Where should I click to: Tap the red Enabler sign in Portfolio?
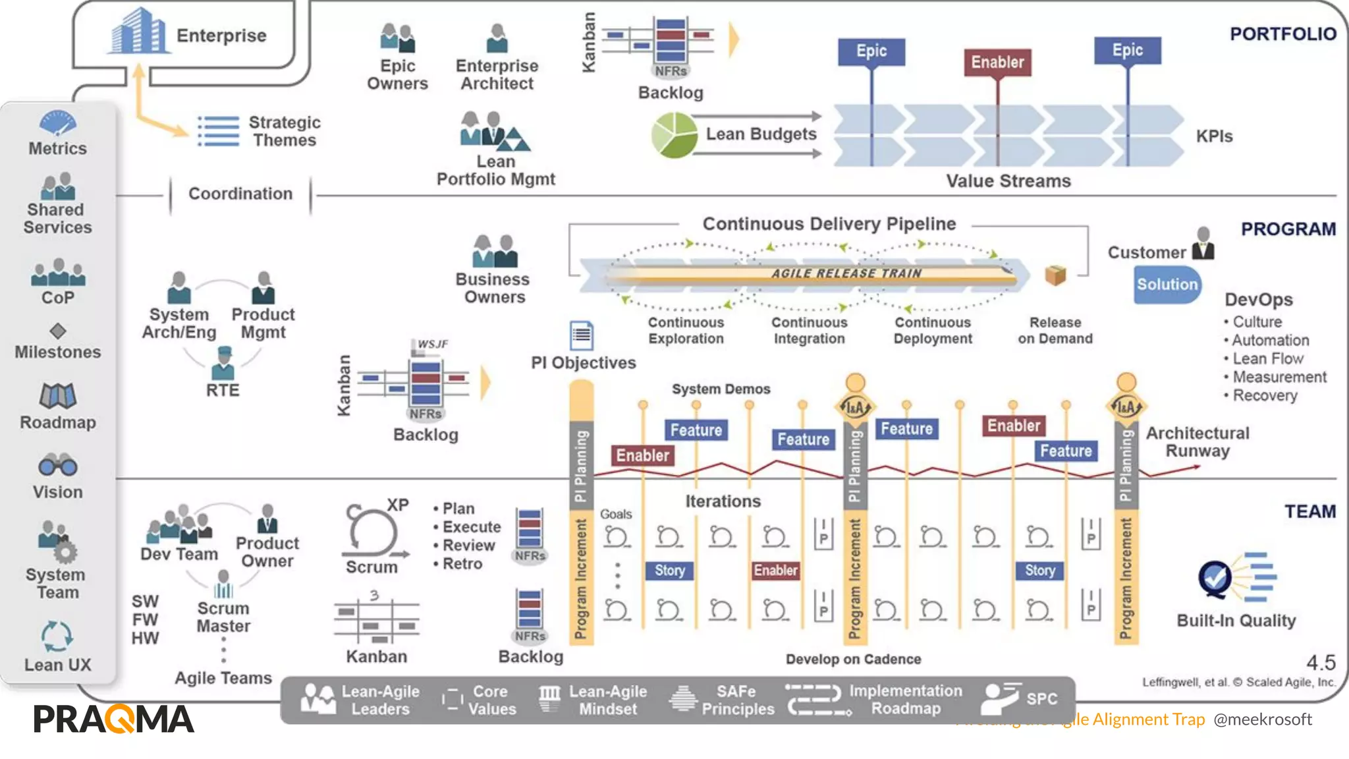pyautogui.click(x=997, y=63)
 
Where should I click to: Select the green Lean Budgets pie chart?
pyautogui.click(x=674, y=135)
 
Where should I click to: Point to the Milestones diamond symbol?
pyautogui.click(x=58, y=330)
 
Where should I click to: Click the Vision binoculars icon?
pyautogui.click(x=58, y=465)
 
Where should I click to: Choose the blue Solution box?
pyautogui.click(x=1167, y=285)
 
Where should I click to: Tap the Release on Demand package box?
pyautogui.click(x=1055, y=275)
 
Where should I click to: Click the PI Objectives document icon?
pyautogui.click(x=581, y=335)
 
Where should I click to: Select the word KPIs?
pyautogui.click(x=1214, y=136)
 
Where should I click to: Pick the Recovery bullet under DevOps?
pyautogui.click(x=1264, y=395)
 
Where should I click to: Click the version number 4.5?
pyautogui.click(x=1321, y=662)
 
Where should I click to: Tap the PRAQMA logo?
pyautogui.click(x=114, y=719)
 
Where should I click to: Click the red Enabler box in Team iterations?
pyautogui.click(x=775, y=571)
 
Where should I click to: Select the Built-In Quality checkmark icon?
pyautogui.click(x=1215, y=578)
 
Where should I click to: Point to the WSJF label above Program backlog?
pyautogui.click(x=432, y=344)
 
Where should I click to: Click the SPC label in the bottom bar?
pyautogui.click(x=1041, y=699)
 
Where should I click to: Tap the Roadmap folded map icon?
pyautogui.click(x=58, y=396)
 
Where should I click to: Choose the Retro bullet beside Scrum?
pyautogui.click(x=462, y=564)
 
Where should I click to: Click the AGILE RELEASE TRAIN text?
pyautogui.click(x=846, y=273)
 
